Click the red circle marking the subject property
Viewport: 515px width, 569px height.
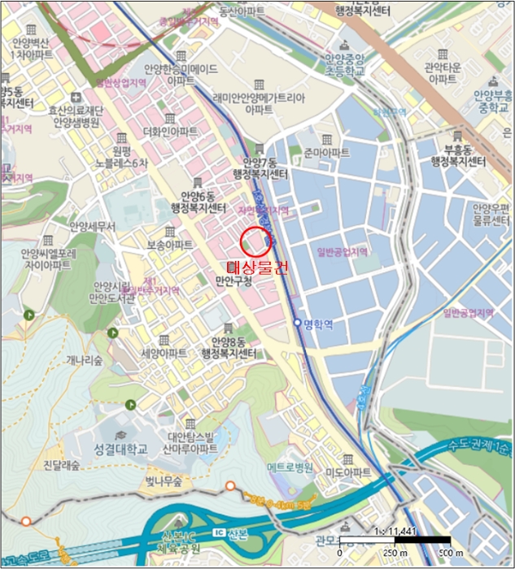click(x=255, y=241)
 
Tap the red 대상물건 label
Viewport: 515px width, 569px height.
click(x=256, y=267)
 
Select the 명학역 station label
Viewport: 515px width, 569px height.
click(x=319, y=323)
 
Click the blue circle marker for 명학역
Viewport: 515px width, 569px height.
click(x=297, y=323)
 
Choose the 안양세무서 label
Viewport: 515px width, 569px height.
click(x=93, y=226)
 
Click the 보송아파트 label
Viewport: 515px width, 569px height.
click(x=170, y=244)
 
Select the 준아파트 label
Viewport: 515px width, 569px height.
click(x=325, y=152)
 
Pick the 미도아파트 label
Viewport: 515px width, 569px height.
click(x=348, y=473)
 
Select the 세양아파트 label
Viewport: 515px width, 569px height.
click(x=164, y=354)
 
